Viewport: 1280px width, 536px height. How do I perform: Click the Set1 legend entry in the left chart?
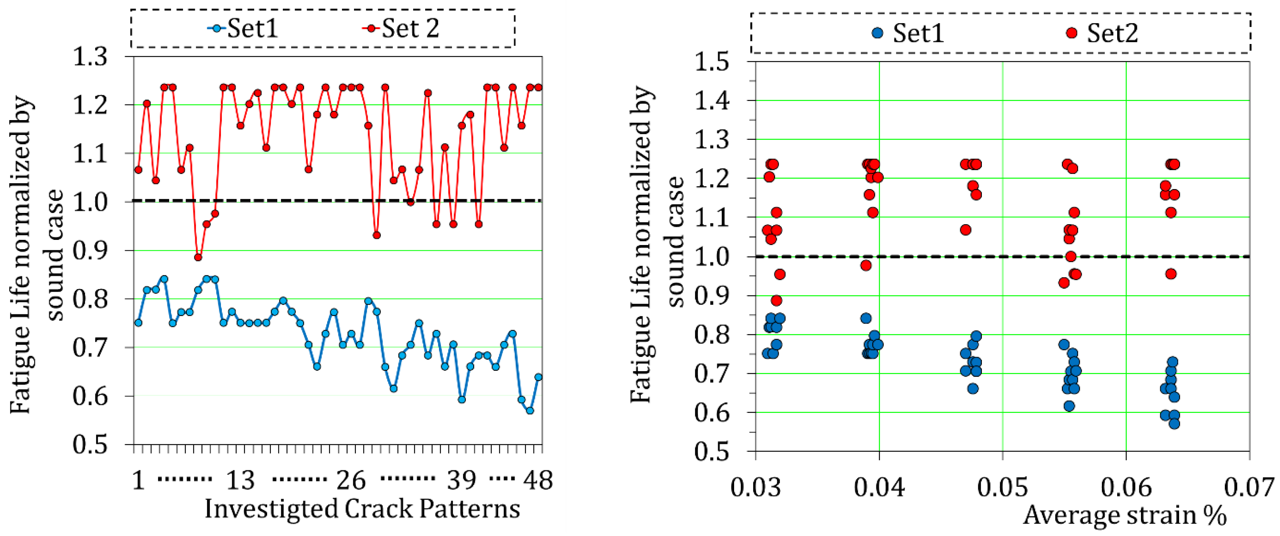pos(243,28)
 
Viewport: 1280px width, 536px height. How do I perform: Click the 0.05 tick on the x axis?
pos(1002,487)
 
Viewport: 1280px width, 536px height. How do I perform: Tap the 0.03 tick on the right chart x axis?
pos(755,487)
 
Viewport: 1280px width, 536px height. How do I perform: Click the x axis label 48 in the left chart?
pos(538,480)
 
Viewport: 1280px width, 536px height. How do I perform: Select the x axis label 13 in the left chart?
pos(240,480)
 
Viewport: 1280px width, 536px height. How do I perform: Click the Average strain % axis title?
pos(1125,515)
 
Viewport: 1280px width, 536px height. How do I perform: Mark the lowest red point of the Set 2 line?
pos(198,257)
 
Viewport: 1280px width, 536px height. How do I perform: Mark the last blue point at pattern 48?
pos(538,377)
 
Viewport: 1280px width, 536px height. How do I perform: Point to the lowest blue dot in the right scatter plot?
pos(1174,424)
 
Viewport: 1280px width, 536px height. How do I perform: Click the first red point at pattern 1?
pos(139,170)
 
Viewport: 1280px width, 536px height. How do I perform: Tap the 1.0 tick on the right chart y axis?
pos(712,257)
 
